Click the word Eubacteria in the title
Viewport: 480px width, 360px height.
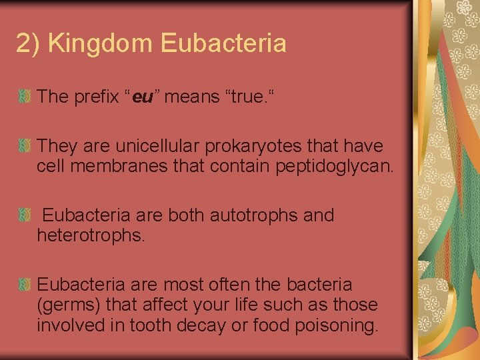tap(224, 44)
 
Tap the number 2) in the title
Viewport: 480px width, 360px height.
tap(29, 44)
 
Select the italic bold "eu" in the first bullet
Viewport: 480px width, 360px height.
tap(143, 97)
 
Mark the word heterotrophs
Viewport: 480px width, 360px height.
tap(90, 235)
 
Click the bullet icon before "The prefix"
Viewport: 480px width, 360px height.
tap(25, 97)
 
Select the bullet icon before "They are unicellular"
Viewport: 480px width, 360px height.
tap(25, 145)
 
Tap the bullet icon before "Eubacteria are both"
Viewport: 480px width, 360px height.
tap(25, 215)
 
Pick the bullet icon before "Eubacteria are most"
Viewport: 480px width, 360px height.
tap(25, 285)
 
